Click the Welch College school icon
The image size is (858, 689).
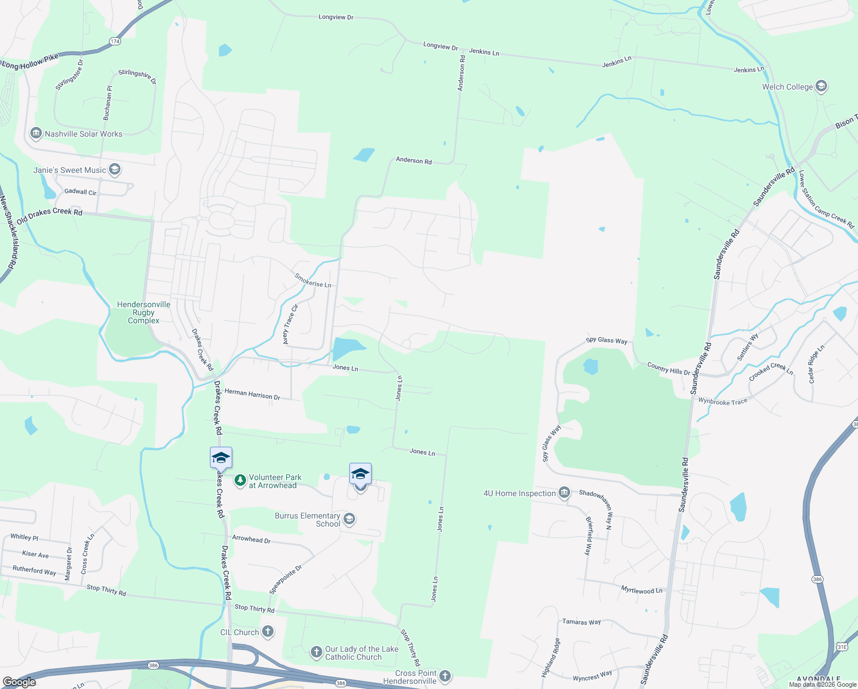[x=821, y=87]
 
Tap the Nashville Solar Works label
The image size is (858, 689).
[x=84, y=134]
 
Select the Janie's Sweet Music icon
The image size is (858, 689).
[x=115, y=169]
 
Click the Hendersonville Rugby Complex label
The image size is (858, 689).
[x=143, y=312]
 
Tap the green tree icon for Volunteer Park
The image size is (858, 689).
[x=240, y=479]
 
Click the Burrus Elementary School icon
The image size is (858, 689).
[x=349, y=519]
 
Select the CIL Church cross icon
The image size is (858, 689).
[x=267, y=632]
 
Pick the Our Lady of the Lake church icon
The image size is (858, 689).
[x=316, y=652]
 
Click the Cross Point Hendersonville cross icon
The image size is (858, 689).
[x=445, y=676]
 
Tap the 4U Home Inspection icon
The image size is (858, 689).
[x=564, y=493]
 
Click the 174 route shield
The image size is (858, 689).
[x=115, y=41]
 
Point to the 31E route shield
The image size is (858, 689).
[x=841, y=647]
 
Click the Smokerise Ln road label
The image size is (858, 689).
[x=313, y=280]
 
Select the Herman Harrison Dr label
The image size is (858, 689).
[x=252, y=394]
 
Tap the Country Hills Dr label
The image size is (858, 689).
[x=669, y=368]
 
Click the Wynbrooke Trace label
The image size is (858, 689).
[x=723, y=401]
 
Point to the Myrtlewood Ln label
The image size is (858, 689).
[x=642, y=590]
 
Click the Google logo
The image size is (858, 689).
[x=19, y=682]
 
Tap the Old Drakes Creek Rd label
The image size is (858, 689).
[x=49, y=215]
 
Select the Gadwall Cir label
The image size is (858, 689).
[x=80, y=192]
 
